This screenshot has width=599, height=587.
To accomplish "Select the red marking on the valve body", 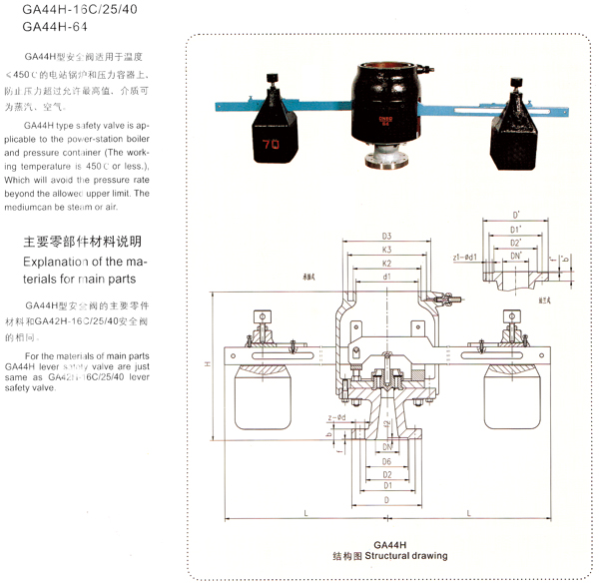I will click(384, 122).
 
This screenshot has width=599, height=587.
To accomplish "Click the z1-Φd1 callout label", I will click(466, 257).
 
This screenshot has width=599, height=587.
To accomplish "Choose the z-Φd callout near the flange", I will click(335, 417).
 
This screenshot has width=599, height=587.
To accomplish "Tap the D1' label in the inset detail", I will click(515, 230).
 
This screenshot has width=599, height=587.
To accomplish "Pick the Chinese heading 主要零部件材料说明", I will click(82, 243).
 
